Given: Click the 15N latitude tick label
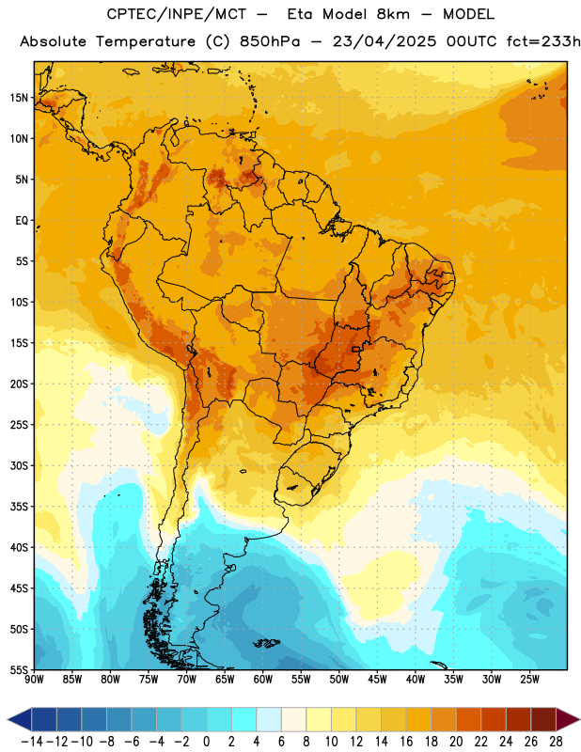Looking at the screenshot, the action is (x=19, y=98).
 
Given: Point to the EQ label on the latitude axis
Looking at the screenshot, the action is (x=22, y=221).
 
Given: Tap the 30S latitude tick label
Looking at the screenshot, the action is (x=19, y=465).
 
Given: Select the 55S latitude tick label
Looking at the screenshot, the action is (x=19, y=669).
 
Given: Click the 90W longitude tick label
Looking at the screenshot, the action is (x=34, y=679).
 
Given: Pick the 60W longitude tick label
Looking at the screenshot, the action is (x=263, y=679).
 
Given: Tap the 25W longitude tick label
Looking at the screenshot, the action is (x=529, y=679).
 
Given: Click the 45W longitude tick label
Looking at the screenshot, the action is (x=377, y=679).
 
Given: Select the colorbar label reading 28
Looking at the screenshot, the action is (x=556, y=742).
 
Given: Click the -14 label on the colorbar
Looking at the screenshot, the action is (x=32, y=742).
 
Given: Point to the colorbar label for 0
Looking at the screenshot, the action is (x=206, y=742).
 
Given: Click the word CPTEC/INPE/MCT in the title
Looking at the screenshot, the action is (x=176, y=14).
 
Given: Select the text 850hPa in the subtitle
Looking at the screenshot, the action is (x=270, y=41).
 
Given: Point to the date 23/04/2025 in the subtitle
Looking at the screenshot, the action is (x=385, y=41).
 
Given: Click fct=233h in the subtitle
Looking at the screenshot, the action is (x=543, y=41).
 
